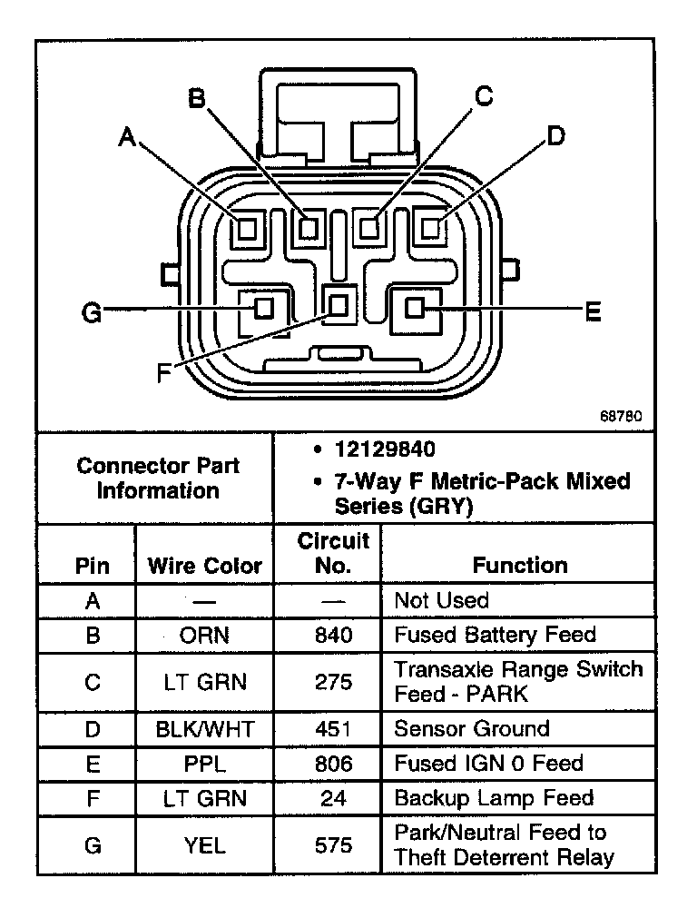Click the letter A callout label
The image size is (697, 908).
tap(128, 136)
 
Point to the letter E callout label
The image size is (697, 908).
tap(592, 312)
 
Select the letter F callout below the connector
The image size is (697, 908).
tap(163, 372)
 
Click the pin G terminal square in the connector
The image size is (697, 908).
tap(263, 308)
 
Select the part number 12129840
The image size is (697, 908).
tap(385, 450)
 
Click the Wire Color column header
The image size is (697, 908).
tap(204, 567)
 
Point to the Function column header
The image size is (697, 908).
tap(520, 565)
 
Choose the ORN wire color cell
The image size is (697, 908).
tap(204, 636)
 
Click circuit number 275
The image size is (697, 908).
tap(333, 682)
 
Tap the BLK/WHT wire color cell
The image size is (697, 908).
tap(204, 729)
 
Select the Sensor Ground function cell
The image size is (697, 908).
tap(471, 728)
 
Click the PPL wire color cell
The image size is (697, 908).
tap(204, 764)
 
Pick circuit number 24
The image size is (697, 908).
tap(333, 799)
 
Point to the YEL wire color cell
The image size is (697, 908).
tap(204, 845)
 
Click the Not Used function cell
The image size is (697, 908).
tap(441, 600)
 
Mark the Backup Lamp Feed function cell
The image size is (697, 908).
tap(494, 798)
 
